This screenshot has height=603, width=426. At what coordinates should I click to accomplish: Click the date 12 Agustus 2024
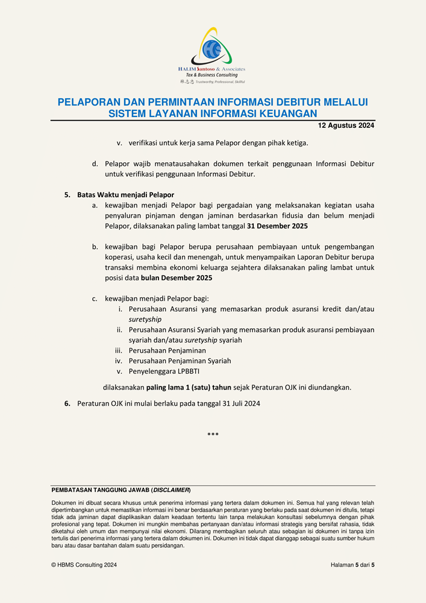[x=346, y=125]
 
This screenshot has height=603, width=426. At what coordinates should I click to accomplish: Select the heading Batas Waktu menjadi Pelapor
[x=125, y=195]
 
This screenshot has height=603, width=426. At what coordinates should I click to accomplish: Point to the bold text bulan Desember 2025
[x=177, y=279]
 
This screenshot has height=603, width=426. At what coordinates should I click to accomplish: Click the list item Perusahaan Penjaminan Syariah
[x=180, y=361]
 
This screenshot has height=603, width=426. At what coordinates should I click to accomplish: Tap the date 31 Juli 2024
[x=237, y=403]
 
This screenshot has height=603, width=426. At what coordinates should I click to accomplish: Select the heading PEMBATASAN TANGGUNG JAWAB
[x=100, y=490]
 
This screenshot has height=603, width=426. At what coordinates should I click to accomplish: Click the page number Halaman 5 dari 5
[x=352, y=565]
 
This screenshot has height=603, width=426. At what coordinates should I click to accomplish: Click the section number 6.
[x=67, y=403]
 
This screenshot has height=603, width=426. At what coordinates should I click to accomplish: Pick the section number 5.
[x=67, y=195]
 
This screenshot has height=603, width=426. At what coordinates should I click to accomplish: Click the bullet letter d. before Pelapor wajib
[x=95, y=163]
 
